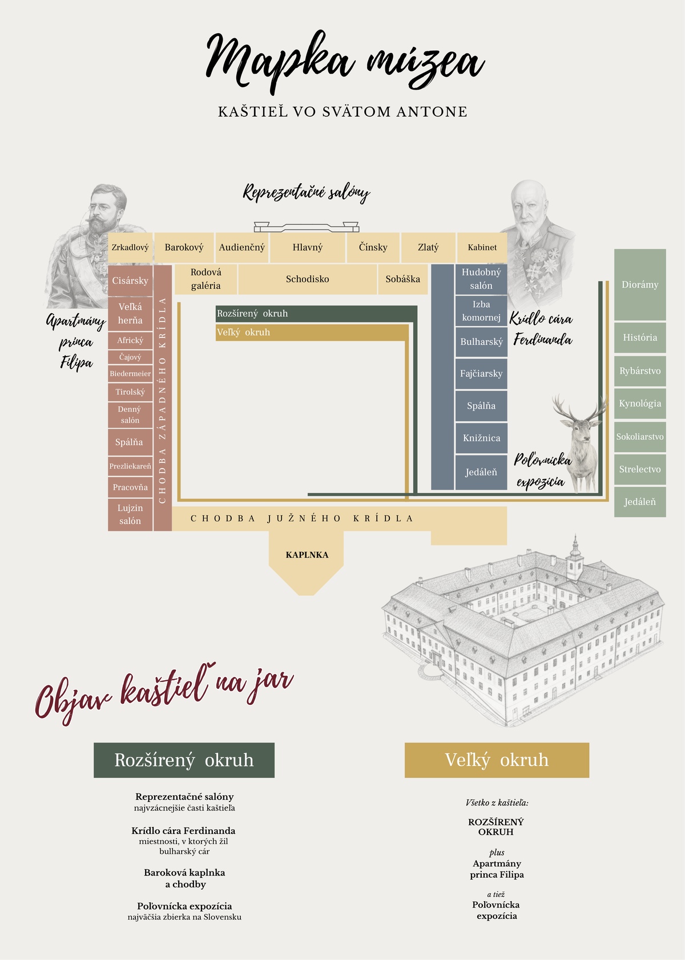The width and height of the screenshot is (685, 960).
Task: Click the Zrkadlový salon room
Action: pyautogui.click(x=130, y=248)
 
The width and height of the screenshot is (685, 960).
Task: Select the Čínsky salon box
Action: pyautogui.click(x=373, y=248)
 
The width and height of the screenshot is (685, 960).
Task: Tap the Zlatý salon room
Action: pyautogui.click(x=428, y=248)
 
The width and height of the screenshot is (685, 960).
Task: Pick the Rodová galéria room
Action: pyautogui.click(x=205, y=279)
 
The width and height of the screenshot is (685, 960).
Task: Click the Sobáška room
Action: pyautogui.click(x=402, y=279)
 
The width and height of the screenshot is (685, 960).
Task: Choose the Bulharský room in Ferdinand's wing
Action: pyautogui.click(x=481, y=342)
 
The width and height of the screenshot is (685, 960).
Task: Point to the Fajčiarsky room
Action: pyautogui.click(x=481, y=374)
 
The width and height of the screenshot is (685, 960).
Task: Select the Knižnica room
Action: pyautogui.click(x=481, y=438)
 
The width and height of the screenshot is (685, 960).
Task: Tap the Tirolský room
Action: pyautogui.click(x=130, y=392)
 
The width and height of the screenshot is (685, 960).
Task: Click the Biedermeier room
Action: pyautogui.click(x=130, y=374)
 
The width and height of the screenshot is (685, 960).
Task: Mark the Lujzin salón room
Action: pyautogui.click(x=130, y=514)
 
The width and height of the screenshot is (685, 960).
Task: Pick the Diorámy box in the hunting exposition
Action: pyautogui.click(x=640, y=285)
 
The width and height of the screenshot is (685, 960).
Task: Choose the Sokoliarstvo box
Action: pyautogui.click(x=640, y=437)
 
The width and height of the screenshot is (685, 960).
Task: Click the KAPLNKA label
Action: pyautogui.click(x=307, y=555)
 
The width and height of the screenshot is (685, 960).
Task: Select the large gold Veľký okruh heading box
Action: pyautogui.click(x=497, y=760)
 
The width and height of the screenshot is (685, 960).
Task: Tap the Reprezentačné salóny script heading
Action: pyautogui.click(x=307, y=192)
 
